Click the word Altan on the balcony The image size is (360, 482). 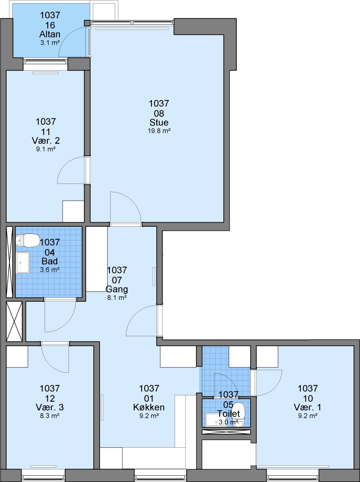(x=50, y=34)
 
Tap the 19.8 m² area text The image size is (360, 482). (x=159, y=131)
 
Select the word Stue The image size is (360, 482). (x=159, y=122)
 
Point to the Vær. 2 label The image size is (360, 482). (x=46, y=141)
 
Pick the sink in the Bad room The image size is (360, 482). (x=23, y=262)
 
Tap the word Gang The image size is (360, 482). (x=117, y=289)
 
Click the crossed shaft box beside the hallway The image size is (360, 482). (x=14, y=321)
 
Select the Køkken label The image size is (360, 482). (x=149, y=407)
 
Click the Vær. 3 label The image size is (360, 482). (x=50, y=407)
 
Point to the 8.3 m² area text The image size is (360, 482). (x=50, y=416)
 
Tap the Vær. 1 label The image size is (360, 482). (x=308, y=407)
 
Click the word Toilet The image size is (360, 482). (x=229, y=413)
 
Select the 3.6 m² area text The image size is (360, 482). (x=50, y=270)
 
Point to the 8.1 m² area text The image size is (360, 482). (x=117, y=298)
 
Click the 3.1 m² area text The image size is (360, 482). (x=50, y=43)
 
